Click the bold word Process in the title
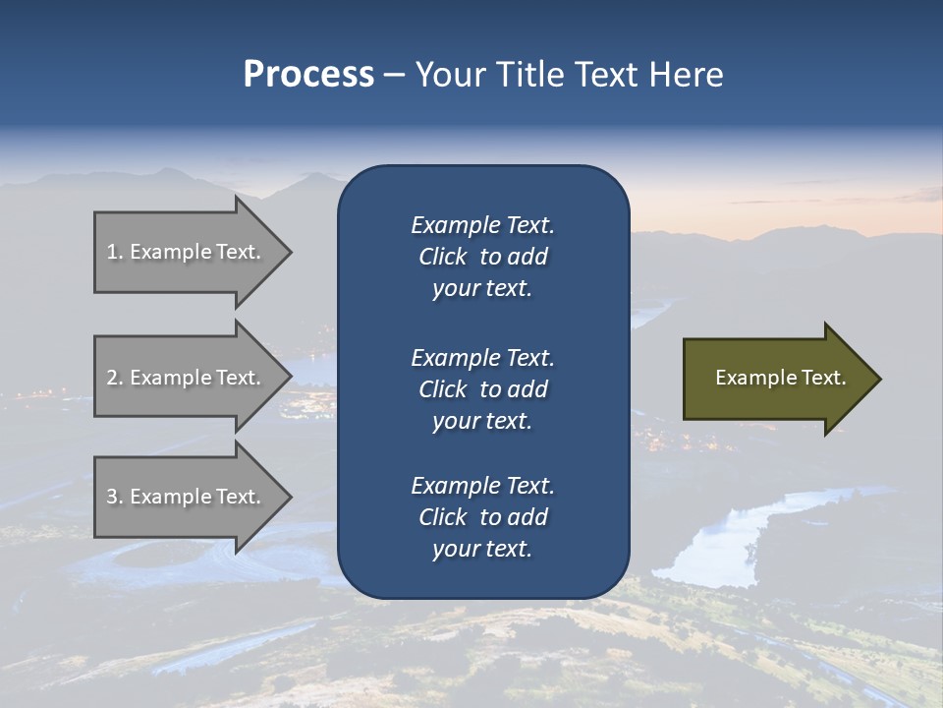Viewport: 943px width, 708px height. coord(308,75)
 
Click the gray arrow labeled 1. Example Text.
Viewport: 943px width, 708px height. coord(187,252)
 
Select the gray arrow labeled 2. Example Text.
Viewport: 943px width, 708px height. coord(187,378)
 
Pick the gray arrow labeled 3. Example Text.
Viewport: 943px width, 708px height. coord(187,497)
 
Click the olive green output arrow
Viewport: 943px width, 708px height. coord(776,379)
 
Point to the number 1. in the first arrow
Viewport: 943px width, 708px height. coord(115,252)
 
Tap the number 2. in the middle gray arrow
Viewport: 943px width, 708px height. coord(115,378)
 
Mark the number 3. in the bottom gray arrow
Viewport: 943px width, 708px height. coord(115,497)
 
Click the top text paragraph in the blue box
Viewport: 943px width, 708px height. coord(482,257)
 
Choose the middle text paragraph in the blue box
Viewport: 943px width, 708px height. coord(482,389)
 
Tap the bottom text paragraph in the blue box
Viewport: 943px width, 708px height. coord(482,517)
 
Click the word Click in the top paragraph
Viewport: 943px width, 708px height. coord(443,257)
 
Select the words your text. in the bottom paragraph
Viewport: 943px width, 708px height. coord(482,549)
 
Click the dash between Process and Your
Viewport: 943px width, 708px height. coord(394,75)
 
